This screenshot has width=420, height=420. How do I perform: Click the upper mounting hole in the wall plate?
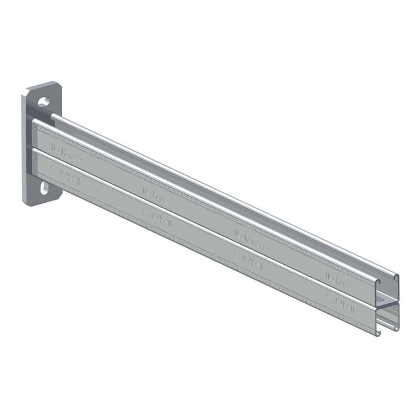44,102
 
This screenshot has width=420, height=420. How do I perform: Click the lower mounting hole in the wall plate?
44,189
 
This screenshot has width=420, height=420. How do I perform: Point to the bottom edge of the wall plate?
42,203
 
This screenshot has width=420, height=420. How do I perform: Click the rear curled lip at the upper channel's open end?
396,278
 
